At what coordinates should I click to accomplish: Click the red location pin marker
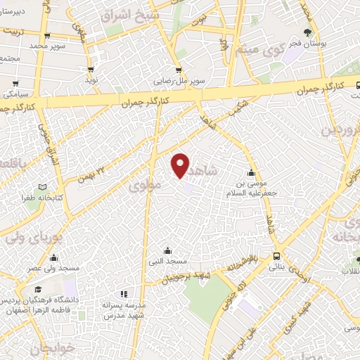click(181, 165)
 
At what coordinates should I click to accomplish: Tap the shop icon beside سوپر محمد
click(47, 36)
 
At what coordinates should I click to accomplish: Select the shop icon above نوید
click(91, 70)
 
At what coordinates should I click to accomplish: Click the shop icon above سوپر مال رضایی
click(178, 70)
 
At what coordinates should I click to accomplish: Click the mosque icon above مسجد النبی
click(167, 250)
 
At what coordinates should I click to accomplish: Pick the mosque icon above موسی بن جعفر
click(252, 173)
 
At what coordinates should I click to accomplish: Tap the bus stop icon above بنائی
click(276, 256)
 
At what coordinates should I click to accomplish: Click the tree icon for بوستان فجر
click(307, 32)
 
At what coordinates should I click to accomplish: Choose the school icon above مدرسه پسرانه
click(124, 295)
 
